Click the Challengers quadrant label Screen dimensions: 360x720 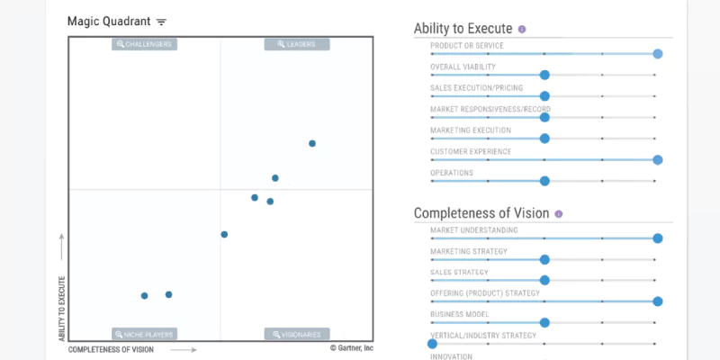coord(144,44)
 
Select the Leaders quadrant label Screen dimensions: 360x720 coord(297,44)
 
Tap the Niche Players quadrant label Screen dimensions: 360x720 coord(144,334)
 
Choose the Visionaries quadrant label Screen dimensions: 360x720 coord(297,334)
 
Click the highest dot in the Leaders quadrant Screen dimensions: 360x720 coord(312,143)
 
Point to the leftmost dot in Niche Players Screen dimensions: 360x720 coord(144,295)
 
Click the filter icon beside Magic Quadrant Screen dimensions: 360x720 coord(161,22)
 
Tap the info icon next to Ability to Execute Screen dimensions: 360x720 coord(522,29)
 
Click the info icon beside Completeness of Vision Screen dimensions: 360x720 coord(559,214)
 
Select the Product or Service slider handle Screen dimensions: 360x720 coord(658,54)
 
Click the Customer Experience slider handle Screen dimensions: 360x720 coord(658,159)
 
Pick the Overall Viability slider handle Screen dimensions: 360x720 coord(544,76)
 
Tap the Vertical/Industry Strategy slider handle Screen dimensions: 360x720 coord(432,343)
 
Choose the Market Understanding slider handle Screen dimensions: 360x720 coord(658,238)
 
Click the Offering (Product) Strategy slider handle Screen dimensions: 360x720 coord(658,301)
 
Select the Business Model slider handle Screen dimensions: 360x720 coord(544,322)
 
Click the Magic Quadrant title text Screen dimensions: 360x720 coord(108,21)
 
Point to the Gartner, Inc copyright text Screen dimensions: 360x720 coord(351,347)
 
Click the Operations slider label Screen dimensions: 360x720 coord(452,173)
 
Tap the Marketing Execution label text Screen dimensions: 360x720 coord(471,130)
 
